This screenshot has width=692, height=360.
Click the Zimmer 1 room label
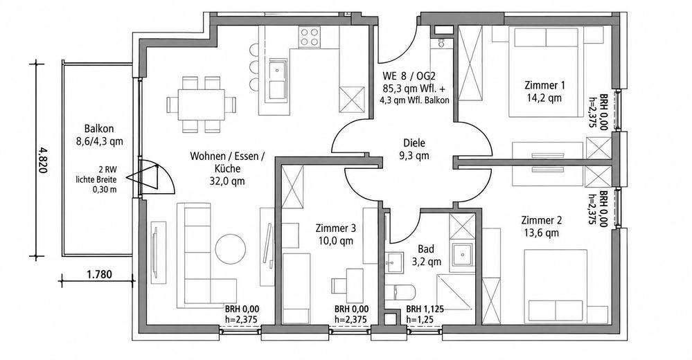pyautogui.click(x=544, y=84)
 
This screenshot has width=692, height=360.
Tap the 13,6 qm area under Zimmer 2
pyautogui.click(x=540, y=233)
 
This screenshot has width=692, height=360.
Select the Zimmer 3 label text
pyautogui.click(x=335, y=228)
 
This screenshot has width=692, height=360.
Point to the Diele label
pyautogui.click(x=414, y=143)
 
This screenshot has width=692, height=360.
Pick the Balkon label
pyautogui.click(x=99, y=129)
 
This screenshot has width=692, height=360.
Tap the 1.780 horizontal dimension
pyautogui.click(x=99, y=274)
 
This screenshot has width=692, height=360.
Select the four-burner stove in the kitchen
pyautogui.click(x=309, y=37)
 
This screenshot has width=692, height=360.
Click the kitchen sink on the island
pyautogui.click(x=276, y=70)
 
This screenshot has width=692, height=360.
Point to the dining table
pyautogui.click(x=201, y=105)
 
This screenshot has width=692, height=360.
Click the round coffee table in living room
pyautogui.click(x=230, y=249)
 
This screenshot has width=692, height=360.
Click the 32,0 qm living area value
pyautogui.click(x=229, y=181)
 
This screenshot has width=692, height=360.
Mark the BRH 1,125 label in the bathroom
pyautogui.click(x=425, y=309)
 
